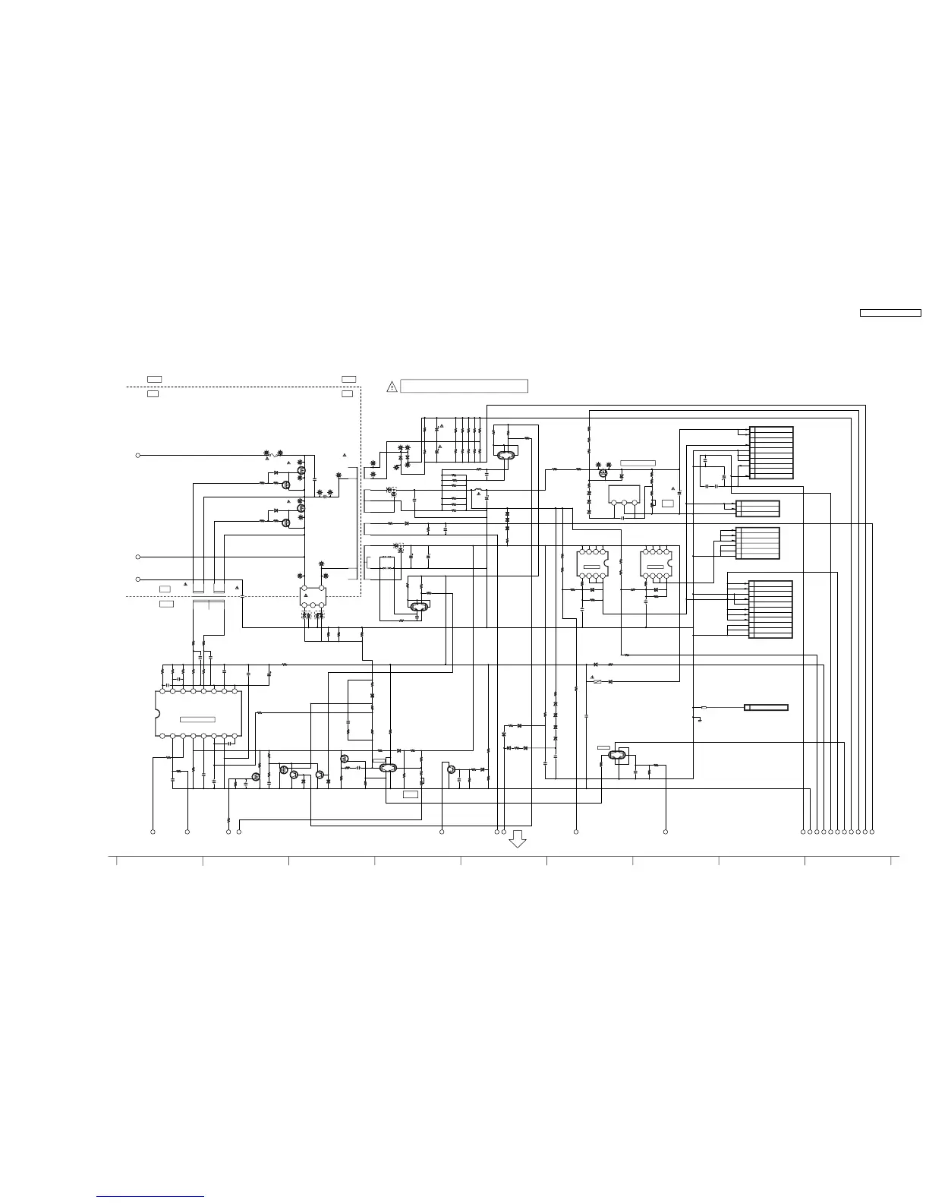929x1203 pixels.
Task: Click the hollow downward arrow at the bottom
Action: [x=518, y=838]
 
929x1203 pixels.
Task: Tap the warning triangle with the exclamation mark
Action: [x=392, y=387]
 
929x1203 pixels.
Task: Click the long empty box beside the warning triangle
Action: [x=464, y=386]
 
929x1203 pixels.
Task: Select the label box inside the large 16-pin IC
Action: [x=197, y=719]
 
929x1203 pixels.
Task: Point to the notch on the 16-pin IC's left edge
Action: [x=157, y=714]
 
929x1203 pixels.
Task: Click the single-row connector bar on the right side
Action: [x=766, y=707]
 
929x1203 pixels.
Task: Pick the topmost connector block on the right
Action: [x=771, y=453]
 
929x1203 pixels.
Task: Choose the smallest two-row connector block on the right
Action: [x=757, y=508]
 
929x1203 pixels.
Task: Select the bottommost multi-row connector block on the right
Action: [x=770, y=609]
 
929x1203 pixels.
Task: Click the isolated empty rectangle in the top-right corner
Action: [x=890, y=312]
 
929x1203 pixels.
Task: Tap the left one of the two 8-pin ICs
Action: [x=593, y=564]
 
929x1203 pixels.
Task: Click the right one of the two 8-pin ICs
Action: [x=656, y=564]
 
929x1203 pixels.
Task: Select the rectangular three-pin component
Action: [x=624, y=494]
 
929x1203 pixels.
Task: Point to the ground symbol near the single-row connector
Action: [x=699, y=718]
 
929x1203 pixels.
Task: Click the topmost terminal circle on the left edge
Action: [x=137, y=455]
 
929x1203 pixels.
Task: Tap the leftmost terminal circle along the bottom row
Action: [x=153, y=832]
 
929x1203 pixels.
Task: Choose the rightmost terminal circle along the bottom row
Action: [x=872, y=832]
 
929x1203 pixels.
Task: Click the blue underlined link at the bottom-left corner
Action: [x=150, y=1197]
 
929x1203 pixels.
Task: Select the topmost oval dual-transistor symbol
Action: [x=505, y=455]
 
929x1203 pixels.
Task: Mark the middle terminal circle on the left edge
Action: [x=137, y=557]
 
